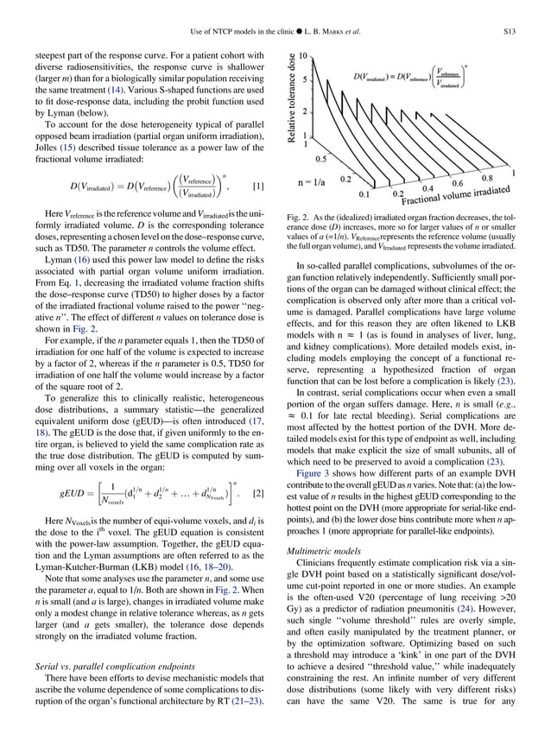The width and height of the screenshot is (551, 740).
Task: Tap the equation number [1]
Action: coord(257,187)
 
